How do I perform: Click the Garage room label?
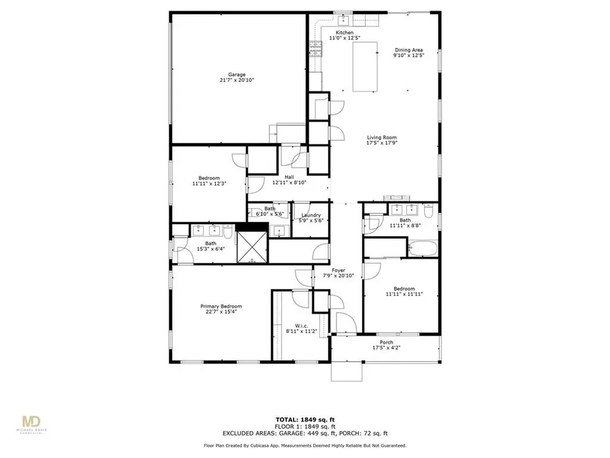tap(236, 75)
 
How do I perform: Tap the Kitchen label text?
tap(344, 32)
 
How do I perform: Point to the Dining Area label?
tap(409, 49)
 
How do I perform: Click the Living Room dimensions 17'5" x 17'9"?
tap(382, 143)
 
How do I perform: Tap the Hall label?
tap(289, 177)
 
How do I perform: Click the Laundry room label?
tap(311, 215)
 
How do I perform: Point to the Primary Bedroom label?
tap(220, 306)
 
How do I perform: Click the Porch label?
tap(387, 342)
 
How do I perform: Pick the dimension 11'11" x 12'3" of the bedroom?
tap(210, 184)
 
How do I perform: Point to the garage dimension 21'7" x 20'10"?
tap(236, 81)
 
